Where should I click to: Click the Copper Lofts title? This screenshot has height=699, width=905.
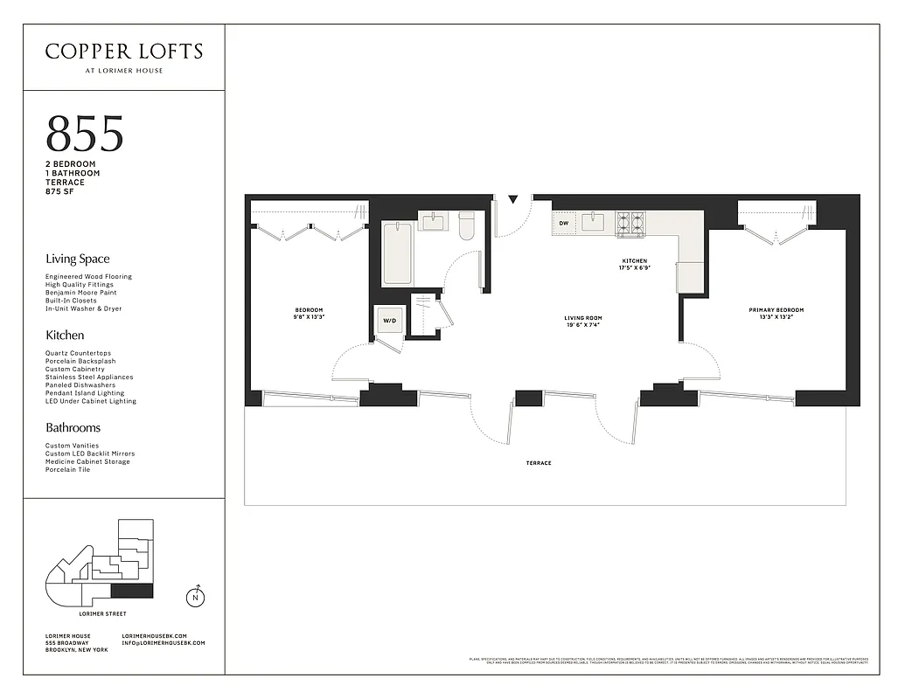coord(123,52)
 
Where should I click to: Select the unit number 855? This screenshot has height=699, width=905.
coord(85,134)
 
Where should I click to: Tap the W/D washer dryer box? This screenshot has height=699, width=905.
coord(389,321)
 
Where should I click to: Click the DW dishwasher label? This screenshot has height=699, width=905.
coord(564,224)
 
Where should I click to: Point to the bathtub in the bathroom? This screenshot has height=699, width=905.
coord(397,253)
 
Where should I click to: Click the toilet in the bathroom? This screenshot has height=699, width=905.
coord(466,225)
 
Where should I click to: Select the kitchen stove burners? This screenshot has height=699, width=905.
coord(630,224)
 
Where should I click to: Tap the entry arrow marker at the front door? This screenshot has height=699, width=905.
coord(513,200)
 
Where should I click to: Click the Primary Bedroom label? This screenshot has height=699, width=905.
coord(776,314)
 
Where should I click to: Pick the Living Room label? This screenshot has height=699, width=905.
coord(582,322)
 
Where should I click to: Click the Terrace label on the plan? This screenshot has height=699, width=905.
coord(539,463)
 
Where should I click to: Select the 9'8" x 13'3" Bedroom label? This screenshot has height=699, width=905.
coord(309,314)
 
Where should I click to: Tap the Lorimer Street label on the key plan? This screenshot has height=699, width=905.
coord(103,614)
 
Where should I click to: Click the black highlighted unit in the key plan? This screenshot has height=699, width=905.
coord(132,591)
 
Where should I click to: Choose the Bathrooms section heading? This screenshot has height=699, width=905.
coord(73,427)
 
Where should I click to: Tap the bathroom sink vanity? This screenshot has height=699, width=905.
coord(433,221)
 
